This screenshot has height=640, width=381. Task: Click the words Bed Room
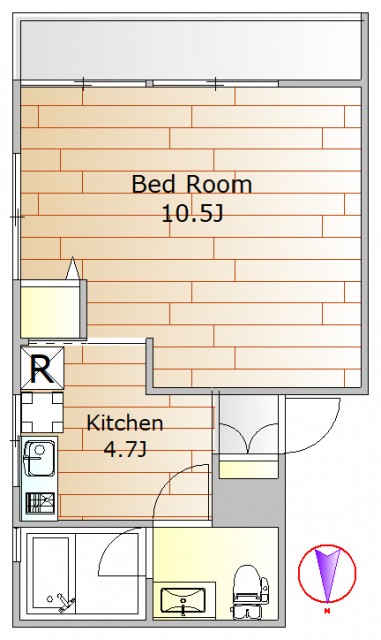point(192,184)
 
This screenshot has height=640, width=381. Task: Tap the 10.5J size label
point(192,212)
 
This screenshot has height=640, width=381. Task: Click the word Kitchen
point(125,423)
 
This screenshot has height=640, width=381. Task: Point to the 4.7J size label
point(125,449)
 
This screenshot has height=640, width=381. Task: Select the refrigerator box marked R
point(42,368)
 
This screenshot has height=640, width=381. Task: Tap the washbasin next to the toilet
point(183,600)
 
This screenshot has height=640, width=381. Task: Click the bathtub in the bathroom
point(51,576)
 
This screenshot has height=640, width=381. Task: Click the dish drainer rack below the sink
point(40,503)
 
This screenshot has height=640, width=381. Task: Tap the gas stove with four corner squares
point(42,412)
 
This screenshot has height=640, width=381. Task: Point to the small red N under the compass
point(327,611)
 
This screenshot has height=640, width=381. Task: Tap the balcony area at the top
point(191,50)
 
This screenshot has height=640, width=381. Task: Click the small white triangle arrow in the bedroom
point(72,269)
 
